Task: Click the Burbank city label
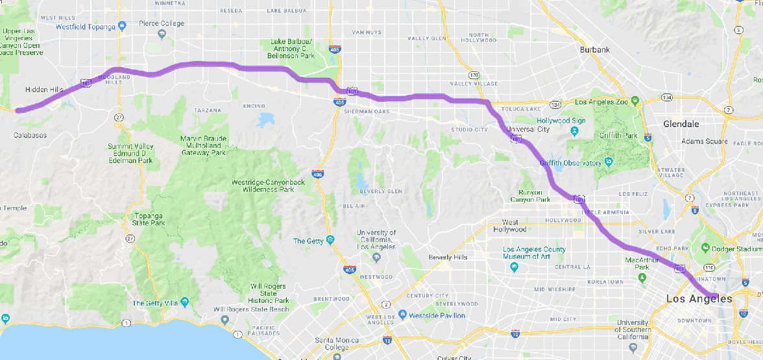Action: pyautogui.click(x=595, y=50)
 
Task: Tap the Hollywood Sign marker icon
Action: pyautogui.click(x=574, y=132)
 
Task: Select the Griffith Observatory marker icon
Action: pyautogui.click(x=608, y=162)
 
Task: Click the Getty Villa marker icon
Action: pyautogui.click(x=185, y=302)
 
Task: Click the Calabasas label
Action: pyautogui.click(x=30, y=135)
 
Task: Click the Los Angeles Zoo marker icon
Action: pyautogui.click(x=635, y=101)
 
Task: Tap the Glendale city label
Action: pyautogui.click(x=681, y=124)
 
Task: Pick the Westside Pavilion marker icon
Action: pyautogui.click(x=402, y=315)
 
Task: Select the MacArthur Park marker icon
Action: pyautogui.click(x=642, y=278)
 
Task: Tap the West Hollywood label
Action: pyautogui.click(x=509, y=225)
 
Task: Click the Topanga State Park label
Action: pyautogui.click(x=149, y=219)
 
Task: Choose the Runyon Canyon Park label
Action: pyautogui.click(x=529, y=196)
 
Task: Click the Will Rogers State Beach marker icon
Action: pyautogui.click(x=224, y=320)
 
